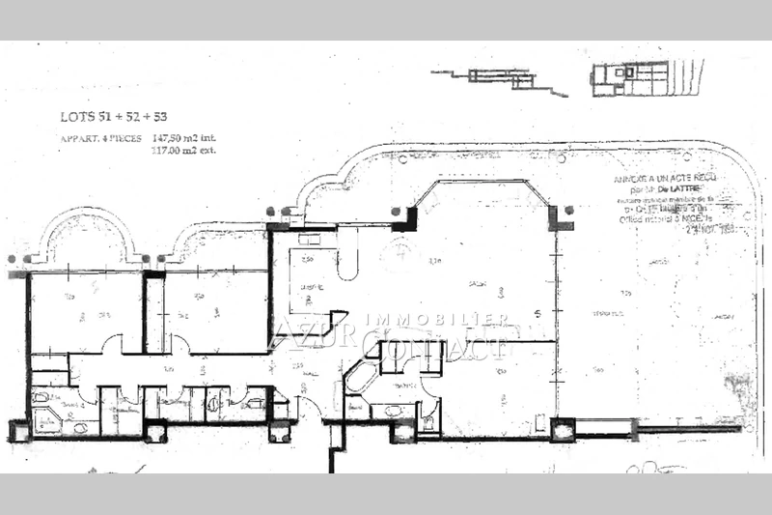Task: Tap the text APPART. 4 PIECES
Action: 101,138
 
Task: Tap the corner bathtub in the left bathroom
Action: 46,420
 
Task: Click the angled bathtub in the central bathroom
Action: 359,377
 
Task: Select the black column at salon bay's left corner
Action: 404,219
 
